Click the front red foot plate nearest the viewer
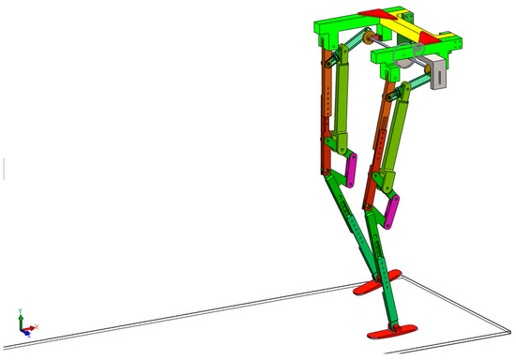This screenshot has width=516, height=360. tap(392, 330)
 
